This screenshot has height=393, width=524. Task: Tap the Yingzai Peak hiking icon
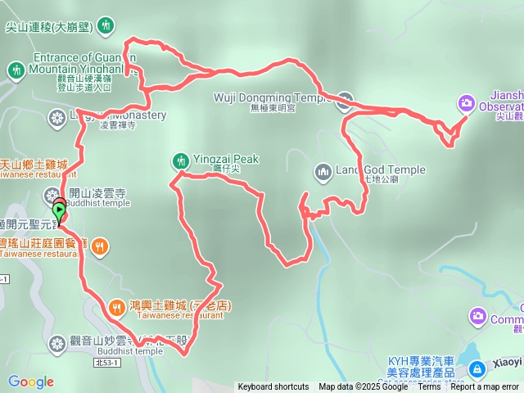tap(180, 160)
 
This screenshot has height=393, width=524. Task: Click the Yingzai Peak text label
tap(226, 159)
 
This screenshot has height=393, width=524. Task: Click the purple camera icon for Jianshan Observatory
tap(466, 102)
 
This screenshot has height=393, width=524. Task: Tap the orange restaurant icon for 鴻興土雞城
tap(116, 307)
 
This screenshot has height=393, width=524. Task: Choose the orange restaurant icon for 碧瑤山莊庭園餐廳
tap(100, 245)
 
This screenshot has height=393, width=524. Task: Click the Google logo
tap(30, 382)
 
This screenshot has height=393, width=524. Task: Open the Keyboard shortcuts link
tap(273, 387)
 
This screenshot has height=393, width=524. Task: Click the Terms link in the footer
tap(429, 387)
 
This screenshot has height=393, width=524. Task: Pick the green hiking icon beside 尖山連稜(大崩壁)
tap(106, 27)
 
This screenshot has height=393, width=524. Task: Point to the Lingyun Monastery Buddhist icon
tap(56, 119)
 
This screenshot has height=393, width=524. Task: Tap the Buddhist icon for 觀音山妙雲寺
tap(56, 342)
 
